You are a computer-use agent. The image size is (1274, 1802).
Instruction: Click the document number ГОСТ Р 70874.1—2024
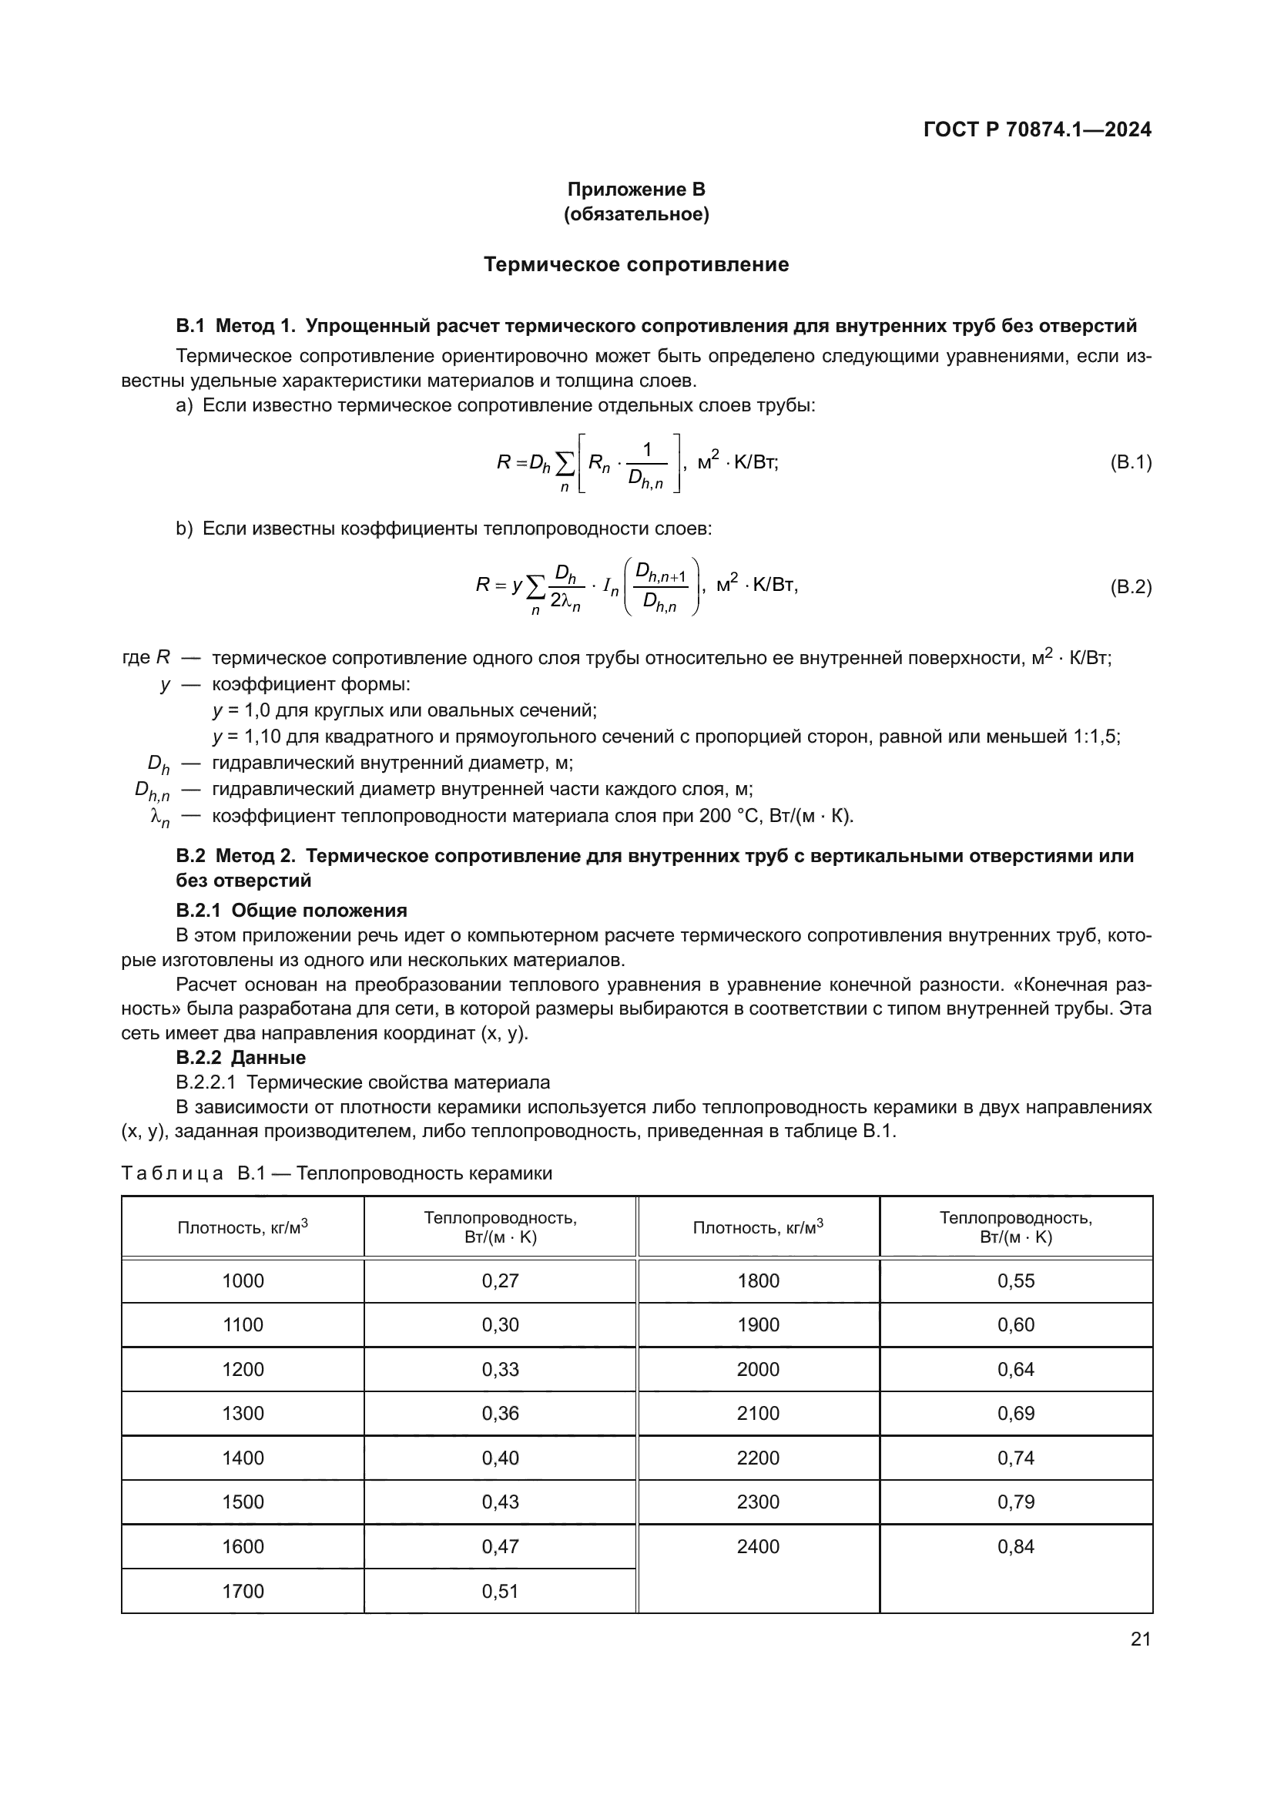[1037, 129]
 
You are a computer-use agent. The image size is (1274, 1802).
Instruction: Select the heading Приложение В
[636, 190]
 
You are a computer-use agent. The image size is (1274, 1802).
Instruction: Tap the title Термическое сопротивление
[636, 264]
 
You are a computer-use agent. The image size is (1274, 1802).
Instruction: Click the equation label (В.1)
[1131, 462]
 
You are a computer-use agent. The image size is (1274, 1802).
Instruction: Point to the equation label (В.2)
[1131, 586]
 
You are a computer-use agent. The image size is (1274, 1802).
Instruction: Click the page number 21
[1141, 1639]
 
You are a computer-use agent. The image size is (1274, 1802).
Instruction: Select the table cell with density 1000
[243, 1281]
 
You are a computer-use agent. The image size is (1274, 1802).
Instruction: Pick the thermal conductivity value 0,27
[501, 1281]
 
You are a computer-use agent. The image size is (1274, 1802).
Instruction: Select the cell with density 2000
[759, 1370]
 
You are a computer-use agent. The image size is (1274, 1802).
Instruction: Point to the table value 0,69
[1016, 1414]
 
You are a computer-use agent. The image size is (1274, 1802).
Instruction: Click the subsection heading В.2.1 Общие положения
[291, 911]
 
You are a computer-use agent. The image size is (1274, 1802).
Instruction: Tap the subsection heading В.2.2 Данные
[241, 1057]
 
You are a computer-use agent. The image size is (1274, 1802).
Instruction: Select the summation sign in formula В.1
[564, 465]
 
